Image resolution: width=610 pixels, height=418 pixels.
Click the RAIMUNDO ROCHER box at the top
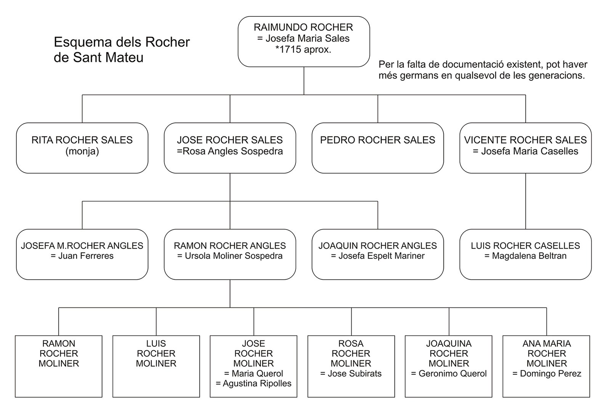click(x=303, y=42)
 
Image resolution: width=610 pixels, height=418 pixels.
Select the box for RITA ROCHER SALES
click(x=82, y=148)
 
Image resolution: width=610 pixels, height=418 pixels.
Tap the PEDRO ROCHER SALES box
click(x=378, y=148)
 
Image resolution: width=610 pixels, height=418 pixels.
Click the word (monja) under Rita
click(x=82, y=151)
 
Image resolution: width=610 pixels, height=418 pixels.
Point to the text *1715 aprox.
click(x=303, y=50)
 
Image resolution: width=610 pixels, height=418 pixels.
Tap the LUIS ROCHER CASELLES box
click(x=526, y=254)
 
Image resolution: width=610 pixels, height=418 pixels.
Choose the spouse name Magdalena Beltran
click(x=529, y=256)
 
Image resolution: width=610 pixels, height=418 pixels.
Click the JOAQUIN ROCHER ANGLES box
click(x=378, y=254)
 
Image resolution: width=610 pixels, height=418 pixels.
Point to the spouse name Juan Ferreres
click(x=86, y=256)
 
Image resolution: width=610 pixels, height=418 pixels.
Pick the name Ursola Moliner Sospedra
click(x=234, y=256)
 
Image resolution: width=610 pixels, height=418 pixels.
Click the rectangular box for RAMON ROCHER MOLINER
click(x=59, y=366)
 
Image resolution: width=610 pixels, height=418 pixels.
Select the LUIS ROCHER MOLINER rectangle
click(x=156, y=366)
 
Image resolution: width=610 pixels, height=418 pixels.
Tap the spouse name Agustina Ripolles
click(x=257, y=383)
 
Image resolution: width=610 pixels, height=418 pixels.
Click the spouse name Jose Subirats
click(x=355, y=373)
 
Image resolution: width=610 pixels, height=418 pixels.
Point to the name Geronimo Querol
click(x=453, y=373)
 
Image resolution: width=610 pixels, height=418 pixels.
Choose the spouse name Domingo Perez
click(x=551, y=373)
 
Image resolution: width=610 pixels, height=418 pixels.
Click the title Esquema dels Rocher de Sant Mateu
click(x=122, y=50)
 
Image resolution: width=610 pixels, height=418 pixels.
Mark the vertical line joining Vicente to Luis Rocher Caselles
click(x=526, y=201)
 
